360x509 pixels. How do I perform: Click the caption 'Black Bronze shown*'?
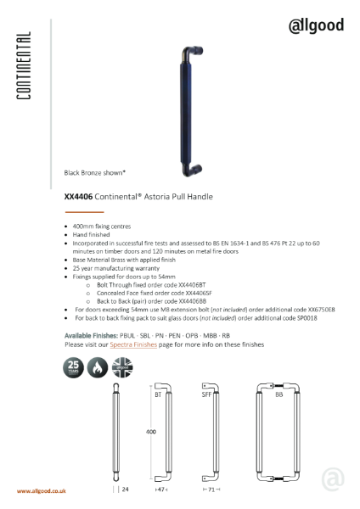pyautogui.click(x=95, y=172)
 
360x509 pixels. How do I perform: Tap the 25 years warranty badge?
pyautogui.click(x=74, y=366)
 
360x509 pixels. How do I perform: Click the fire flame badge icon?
pyautogui.click(x=98, y=366)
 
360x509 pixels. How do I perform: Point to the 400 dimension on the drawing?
pyautogui.click(x=151, y=432)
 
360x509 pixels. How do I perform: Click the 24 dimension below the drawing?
pyautogui.click(x=124, y=490)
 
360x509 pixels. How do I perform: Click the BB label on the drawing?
pyautogui.click(x=279, y=394)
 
